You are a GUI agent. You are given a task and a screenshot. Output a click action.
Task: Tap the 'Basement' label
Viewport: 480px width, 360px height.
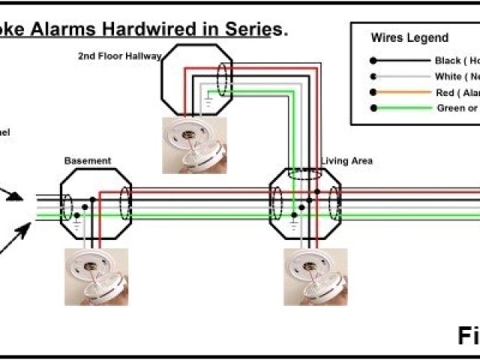coord(88,160)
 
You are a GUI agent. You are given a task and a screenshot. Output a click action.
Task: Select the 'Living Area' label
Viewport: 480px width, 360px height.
coord(346,160)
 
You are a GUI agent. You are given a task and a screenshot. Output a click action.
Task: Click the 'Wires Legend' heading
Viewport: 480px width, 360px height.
coord(409,37)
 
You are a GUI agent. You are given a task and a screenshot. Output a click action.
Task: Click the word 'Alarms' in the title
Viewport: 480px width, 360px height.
coord(65,29)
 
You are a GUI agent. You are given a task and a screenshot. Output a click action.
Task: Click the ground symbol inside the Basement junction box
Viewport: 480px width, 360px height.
coord(76,220)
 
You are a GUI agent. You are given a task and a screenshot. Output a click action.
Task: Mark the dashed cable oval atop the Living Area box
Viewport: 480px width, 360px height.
coord(304,174)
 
